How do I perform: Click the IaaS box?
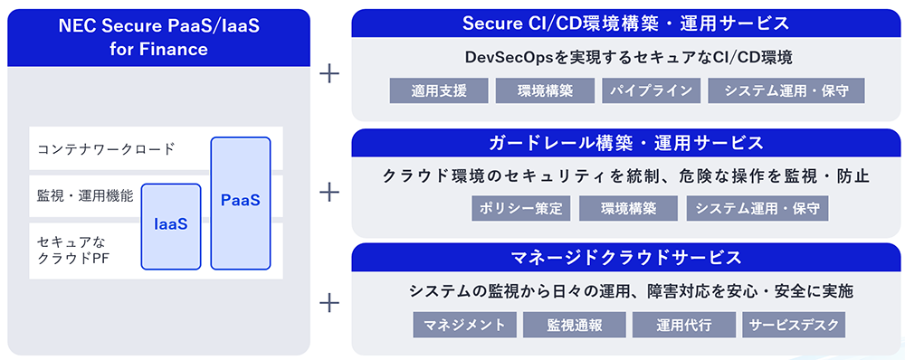[x=171, y=227]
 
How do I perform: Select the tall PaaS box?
[x=241, y=204]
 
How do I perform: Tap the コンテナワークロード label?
[x=106, y=149]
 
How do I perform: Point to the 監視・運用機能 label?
[x=85, y=196]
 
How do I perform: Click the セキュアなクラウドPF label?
[x=72, y=250]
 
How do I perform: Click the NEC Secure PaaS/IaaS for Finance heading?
[x=158, y=37]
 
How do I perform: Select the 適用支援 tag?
[x=439, y=90]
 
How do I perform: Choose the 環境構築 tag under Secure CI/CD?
[x=545, y=90]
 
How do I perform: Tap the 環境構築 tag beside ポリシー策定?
[x=629, y=208]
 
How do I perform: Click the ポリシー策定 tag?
[x=521, y=208]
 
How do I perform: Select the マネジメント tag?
[x=464, y=325]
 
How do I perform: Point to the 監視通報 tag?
[x=575, y=325]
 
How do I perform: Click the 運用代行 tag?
[x=684, y=325]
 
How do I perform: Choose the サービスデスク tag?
[x=794, y=325]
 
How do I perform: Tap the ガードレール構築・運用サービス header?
[x=625, y=143]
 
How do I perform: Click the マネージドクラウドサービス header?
[x=625, y=257]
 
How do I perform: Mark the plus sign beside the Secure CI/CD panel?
[x=329, y=73]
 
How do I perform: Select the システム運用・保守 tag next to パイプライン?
[x=786, y=90]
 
